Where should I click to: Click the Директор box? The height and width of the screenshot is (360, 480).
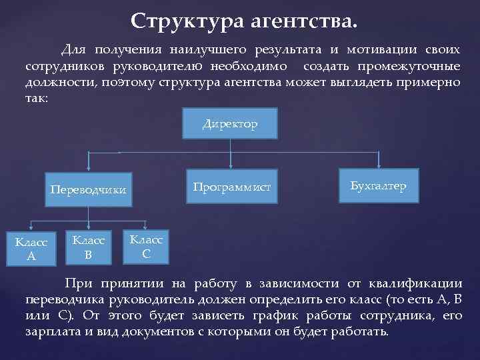(230, 125)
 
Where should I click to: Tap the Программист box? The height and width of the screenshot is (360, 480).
(231, 187)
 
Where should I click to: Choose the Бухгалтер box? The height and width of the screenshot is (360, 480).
(378, 187)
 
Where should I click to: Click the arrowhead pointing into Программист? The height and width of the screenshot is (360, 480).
(231, 169)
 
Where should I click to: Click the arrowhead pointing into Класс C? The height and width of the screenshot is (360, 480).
(146, 227)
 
